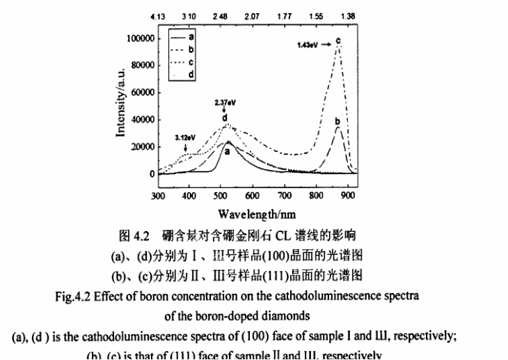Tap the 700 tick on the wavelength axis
point(285,196)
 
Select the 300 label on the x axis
point(158,196)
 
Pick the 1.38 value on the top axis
point(349,15)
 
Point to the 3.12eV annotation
point(184,138)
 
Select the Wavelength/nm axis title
point(255,213)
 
